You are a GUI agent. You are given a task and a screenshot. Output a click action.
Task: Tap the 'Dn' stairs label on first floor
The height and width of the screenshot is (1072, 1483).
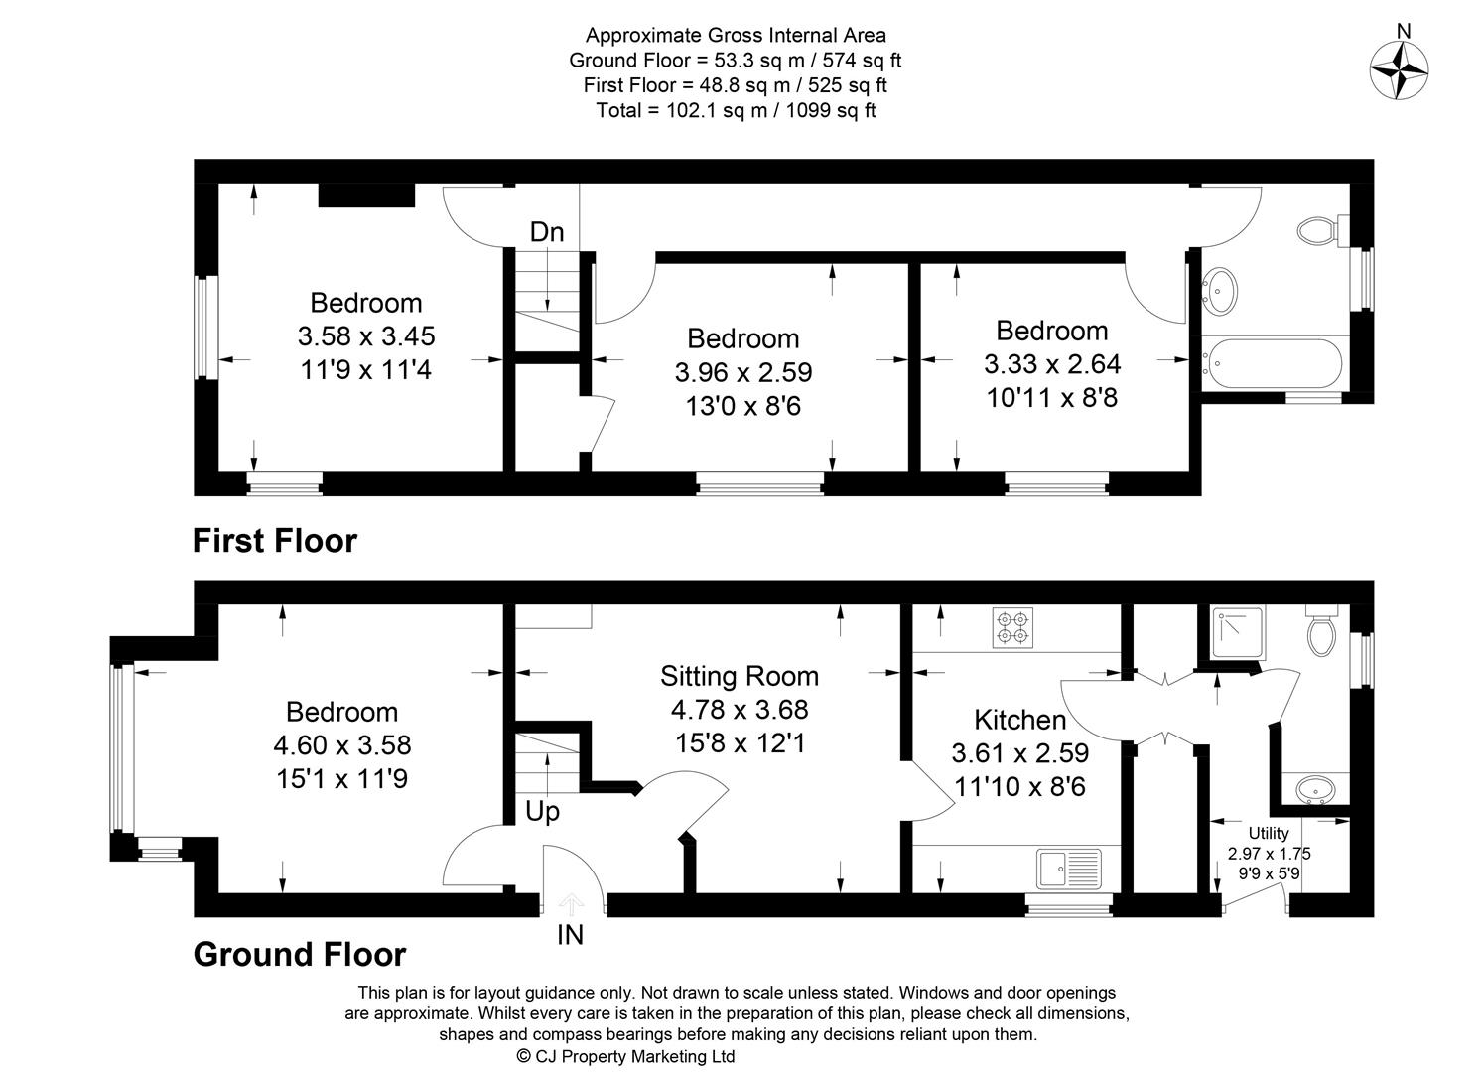547,232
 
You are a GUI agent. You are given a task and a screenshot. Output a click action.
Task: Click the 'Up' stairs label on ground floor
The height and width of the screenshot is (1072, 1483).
542,811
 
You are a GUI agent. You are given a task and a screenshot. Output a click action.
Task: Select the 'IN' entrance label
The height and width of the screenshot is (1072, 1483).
571,935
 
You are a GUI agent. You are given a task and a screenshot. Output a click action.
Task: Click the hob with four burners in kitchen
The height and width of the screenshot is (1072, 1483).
1012,628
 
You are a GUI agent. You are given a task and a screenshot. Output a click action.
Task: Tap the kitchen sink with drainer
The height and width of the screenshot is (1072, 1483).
1068,869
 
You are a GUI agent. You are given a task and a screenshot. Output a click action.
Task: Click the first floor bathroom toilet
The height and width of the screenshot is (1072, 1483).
1319,231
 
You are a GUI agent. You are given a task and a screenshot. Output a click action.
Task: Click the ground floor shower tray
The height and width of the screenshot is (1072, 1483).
1238,632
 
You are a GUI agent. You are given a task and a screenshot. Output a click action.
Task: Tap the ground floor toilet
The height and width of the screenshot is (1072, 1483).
1321,632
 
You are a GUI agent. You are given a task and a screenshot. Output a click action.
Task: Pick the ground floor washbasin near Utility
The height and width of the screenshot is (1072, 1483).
1317,789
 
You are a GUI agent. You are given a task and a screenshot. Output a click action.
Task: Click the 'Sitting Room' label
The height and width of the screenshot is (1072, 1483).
740,677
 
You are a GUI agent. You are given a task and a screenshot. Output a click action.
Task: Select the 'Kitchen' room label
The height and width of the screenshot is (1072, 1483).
1019,720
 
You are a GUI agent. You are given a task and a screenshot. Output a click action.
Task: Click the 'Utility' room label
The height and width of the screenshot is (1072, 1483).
1269,834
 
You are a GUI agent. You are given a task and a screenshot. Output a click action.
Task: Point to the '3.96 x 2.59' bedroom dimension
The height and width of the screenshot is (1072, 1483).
743,372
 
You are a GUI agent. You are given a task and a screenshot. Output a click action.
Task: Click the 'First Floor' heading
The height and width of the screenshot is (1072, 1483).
274,541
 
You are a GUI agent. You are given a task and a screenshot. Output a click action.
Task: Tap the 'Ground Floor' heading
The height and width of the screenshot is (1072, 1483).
299,954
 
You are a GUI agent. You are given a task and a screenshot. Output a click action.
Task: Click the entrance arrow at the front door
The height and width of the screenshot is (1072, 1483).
571,904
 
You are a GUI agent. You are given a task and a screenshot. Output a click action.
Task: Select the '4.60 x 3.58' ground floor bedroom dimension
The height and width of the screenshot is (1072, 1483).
341,744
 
